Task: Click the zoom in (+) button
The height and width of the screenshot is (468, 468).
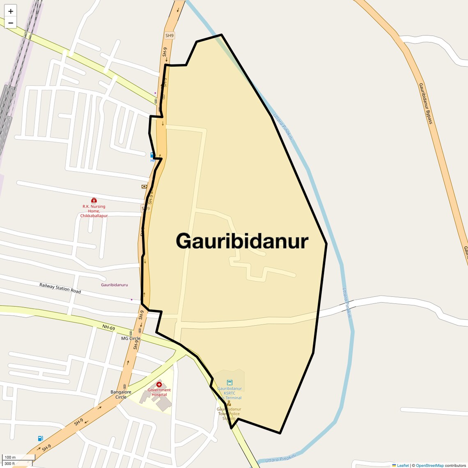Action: (11, 11)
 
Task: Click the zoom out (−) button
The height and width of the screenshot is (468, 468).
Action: (11, 23)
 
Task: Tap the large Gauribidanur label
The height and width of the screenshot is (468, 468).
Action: (242, 241)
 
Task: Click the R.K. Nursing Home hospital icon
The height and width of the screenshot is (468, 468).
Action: (94, 200)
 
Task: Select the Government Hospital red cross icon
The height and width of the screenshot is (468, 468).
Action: (159, 385)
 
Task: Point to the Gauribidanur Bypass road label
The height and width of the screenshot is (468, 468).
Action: (426, 103)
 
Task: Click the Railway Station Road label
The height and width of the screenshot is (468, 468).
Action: (60, 288)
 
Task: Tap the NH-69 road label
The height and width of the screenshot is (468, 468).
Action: (109, 327)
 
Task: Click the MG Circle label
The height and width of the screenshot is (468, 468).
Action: (131, 339)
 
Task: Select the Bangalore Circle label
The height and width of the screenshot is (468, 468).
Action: (121, 395)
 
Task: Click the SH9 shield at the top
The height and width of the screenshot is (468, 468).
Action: (170, 36)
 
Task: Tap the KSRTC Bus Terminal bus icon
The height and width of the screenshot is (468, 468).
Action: (229, 383)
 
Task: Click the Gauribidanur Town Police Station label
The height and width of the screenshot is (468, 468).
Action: (229, 413)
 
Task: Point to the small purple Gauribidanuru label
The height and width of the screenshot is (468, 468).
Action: (115, 285)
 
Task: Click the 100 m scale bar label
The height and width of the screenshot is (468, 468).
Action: (10, 457)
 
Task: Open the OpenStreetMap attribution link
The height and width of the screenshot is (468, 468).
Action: (429, 466)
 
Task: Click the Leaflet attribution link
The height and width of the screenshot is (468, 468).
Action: (403, 466)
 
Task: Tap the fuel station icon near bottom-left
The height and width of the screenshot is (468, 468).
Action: (40, 438)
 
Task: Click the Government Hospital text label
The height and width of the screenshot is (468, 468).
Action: (159, 392)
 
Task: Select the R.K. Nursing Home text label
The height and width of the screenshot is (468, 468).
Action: (94, 211)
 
